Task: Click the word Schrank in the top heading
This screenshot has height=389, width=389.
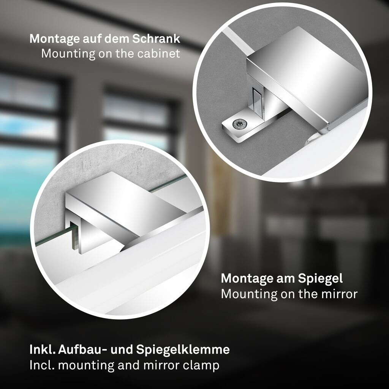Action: tap(156, 39)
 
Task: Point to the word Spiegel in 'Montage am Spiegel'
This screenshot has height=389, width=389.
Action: tap(320, 279)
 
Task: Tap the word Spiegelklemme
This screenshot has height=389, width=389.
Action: tap(183, 350)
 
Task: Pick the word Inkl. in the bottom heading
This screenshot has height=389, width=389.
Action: tap(43, 349)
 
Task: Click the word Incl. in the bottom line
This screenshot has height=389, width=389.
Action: tap(42, 365)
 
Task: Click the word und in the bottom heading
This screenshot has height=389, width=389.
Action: tap(122, 349)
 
